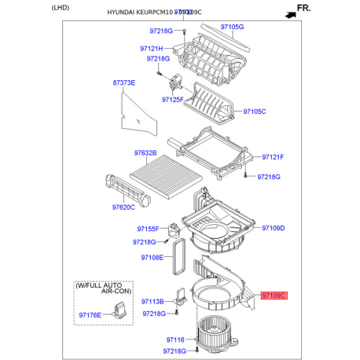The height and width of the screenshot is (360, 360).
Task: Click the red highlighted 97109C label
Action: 274,296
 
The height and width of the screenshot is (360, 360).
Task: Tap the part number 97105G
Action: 232,27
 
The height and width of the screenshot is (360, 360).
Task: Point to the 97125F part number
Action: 173,100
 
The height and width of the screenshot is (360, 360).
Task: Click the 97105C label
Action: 254,112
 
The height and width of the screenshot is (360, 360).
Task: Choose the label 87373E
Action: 123,83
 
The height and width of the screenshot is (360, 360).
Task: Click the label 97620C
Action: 124,208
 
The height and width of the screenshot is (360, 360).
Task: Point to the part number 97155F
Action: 148,229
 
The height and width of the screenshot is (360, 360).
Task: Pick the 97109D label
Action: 272,228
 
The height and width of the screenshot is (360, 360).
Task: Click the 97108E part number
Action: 152,257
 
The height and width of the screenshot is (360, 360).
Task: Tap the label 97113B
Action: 152,301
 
